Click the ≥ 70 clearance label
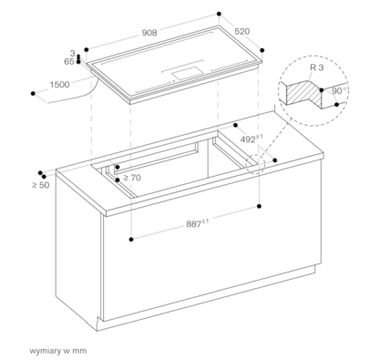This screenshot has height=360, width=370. pyautogui.click(x=132, y=178)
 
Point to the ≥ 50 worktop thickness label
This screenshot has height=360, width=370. pyautogui.click(x=40, y=185)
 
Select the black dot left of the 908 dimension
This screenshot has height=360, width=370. pyautogui.click(x=85, y=48)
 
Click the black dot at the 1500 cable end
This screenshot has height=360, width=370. pyautogui.click(x=32, y=92)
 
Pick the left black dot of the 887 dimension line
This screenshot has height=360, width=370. pyautogui.click(x=132, y=239)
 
